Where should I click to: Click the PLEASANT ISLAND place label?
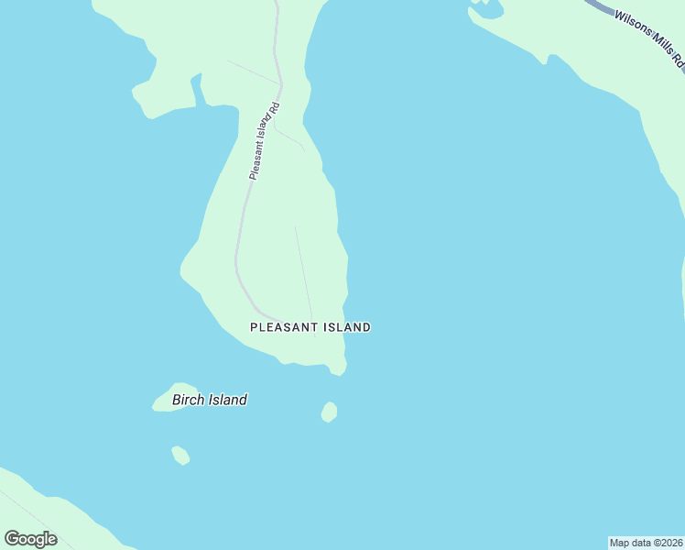tap(310, 326)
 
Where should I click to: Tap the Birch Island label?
tap(210, 400)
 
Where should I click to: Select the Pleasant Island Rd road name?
tap(264, 140)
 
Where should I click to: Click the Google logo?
tap(30, 538)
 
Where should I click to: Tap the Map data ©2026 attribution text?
tap(647, 543)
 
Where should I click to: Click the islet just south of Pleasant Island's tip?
tap(330, 412)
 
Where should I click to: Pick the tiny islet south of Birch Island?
tap(180, 455)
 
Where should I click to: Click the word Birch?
tap(190, 400)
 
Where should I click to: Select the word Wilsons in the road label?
tap(633, 27)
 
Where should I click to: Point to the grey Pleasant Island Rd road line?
tap(239, 238)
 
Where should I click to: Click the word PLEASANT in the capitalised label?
tap(284, 326)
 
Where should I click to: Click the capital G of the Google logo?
tap(12, 538)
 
